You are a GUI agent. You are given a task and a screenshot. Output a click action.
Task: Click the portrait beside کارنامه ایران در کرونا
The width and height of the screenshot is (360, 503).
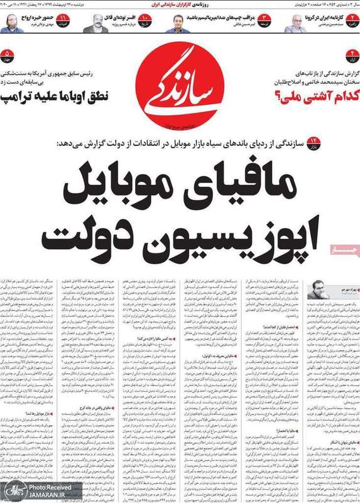point(296,23)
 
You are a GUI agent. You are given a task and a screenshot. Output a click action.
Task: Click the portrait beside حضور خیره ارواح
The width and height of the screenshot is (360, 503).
point(13,23)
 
